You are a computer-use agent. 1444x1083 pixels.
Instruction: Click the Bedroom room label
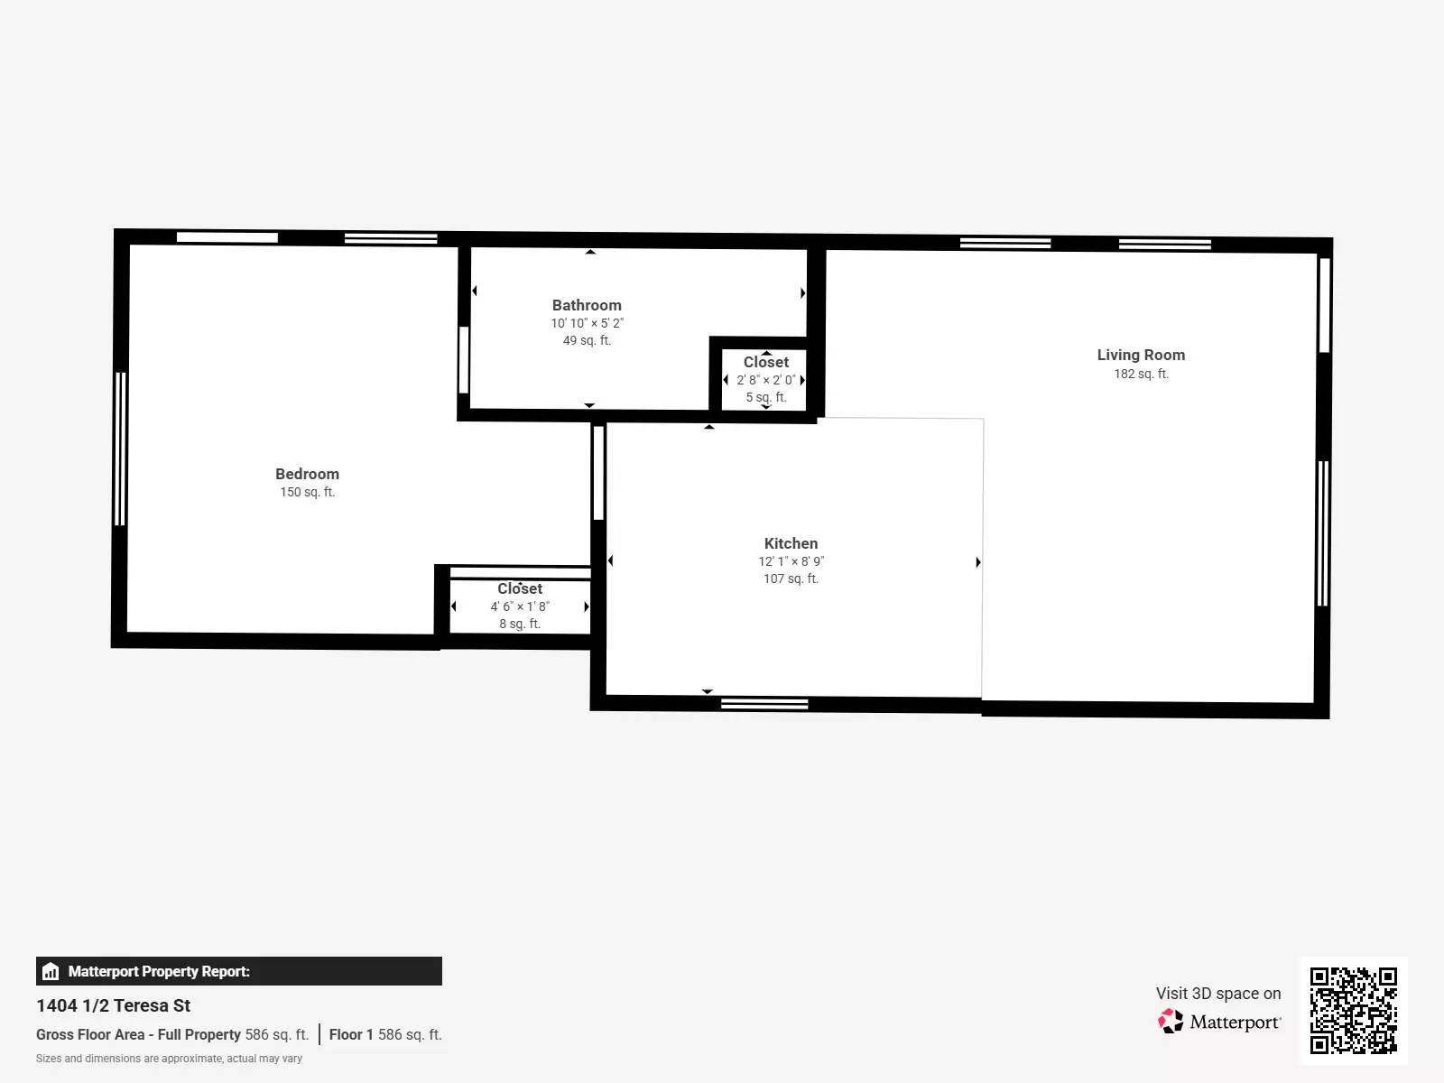[x=307, y=474]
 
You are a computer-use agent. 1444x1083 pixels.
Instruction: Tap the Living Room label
[x=1141, y=355]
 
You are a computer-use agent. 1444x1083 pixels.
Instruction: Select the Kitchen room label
[x=791, y=543]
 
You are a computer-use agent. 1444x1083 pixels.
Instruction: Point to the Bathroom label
[x=587, y=305]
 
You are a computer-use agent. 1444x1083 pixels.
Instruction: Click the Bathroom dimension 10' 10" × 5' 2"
[x=587, y=323]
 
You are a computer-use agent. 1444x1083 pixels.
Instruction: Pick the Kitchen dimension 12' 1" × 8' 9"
[x=791, y=561]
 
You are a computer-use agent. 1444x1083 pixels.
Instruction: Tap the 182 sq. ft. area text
[x=1141, y=374]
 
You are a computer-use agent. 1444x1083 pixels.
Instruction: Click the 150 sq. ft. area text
[x=307, y=492]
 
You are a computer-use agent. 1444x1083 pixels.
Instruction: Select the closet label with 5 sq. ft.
[x=765, y=362]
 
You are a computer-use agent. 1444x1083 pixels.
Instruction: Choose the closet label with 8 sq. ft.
[x=520, y=588]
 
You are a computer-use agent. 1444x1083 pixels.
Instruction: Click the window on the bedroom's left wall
[x=120, y=449]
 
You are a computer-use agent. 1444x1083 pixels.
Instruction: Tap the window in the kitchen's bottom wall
[x=764, y=704]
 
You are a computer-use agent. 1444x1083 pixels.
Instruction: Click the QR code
[x=1353, y=1010]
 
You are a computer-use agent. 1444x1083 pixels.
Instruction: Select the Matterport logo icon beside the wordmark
[x=1171, y=1022]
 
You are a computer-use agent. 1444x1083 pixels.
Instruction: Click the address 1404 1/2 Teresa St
[x=114, y=1005]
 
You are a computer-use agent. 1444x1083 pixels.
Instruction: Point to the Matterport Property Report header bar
[x=239, y=971]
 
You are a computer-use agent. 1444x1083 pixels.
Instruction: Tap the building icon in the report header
[x=51, y=972]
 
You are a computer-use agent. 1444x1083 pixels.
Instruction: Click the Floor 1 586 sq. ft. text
[x=385, y=1034]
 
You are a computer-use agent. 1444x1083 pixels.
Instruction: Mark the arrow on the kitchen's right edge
[x=978, y=562]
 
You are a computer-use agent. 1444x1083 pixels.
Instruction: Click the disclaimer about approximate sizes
[x=169, y=1059]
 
